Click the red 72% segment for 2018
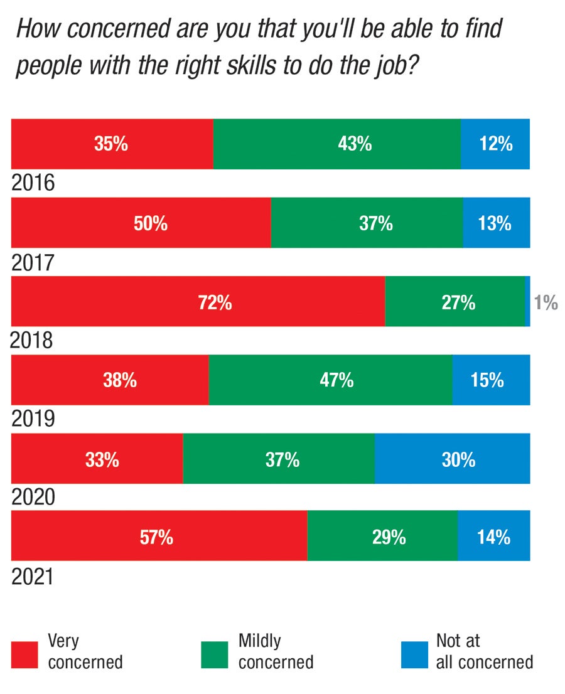click(x=198, y=301)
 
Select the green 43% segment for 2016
click(x=336, y=144)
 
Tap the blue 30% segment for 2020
click(x=452, y=459)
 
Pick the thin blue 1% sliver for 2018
click(x=527, y=301)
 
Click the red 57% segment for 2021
click(x=159, y=536)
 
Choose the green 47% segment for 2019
click(x=330, y=380)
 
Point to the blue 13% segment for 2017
click(x=497, y=223)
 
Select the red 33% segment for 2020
click(x=97, y=459)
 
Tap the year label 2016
click(x=33, y=183)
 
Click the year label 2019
click(x=33, y=419)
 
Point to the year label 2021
click(x=33, y=576)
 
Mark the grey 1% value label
click(x=546, y=304)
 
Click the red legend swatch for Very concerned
click(x=25, y=654)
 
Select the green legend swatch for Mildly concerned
click(x=215, y=654)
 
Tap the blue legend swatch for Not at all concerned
click(x=414, y=654)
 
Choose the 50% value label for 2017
click(x=151, y=223)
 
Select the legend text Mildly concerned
click(x=275, y=651)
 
